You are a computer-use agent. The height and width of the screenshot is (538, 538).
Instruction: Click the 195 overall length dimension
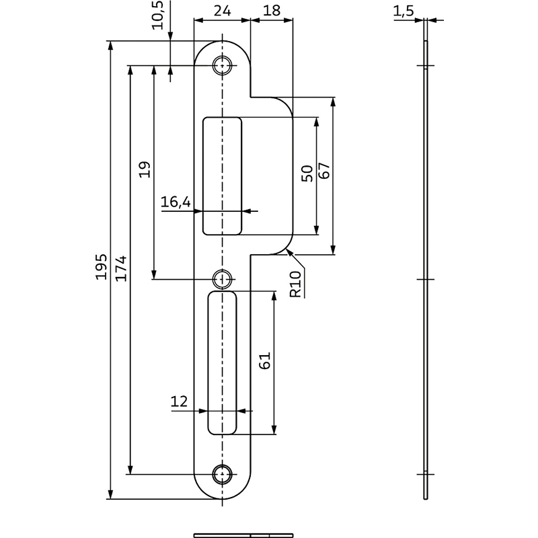point(102,266)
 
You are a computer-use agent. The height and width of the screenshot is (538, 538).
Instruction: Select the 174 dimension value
point(121,268)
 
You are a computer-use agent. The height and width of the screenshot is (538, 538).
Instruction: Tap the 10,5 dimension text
point(159,15)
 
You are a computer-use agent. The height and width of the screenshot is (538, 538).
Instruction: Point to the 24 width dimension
point(222,11)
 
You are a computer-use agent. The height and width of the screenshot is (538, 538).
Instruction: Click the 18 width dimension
point(272,11)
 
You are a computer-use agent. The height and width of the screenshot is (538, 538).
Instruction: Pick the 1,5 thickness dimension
point(403,11)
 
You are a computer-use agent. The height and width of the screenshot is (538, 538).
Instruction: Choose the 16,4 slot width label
point(176,202)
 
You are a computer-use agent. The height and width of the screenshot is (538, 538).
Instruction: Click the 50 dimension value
point(307,174)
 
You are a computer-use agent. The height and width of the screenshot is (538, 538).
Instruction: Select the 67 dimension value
point(323,171)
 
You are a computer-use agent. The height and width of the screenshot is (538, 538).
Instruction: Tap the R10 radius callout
point(295,284)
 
